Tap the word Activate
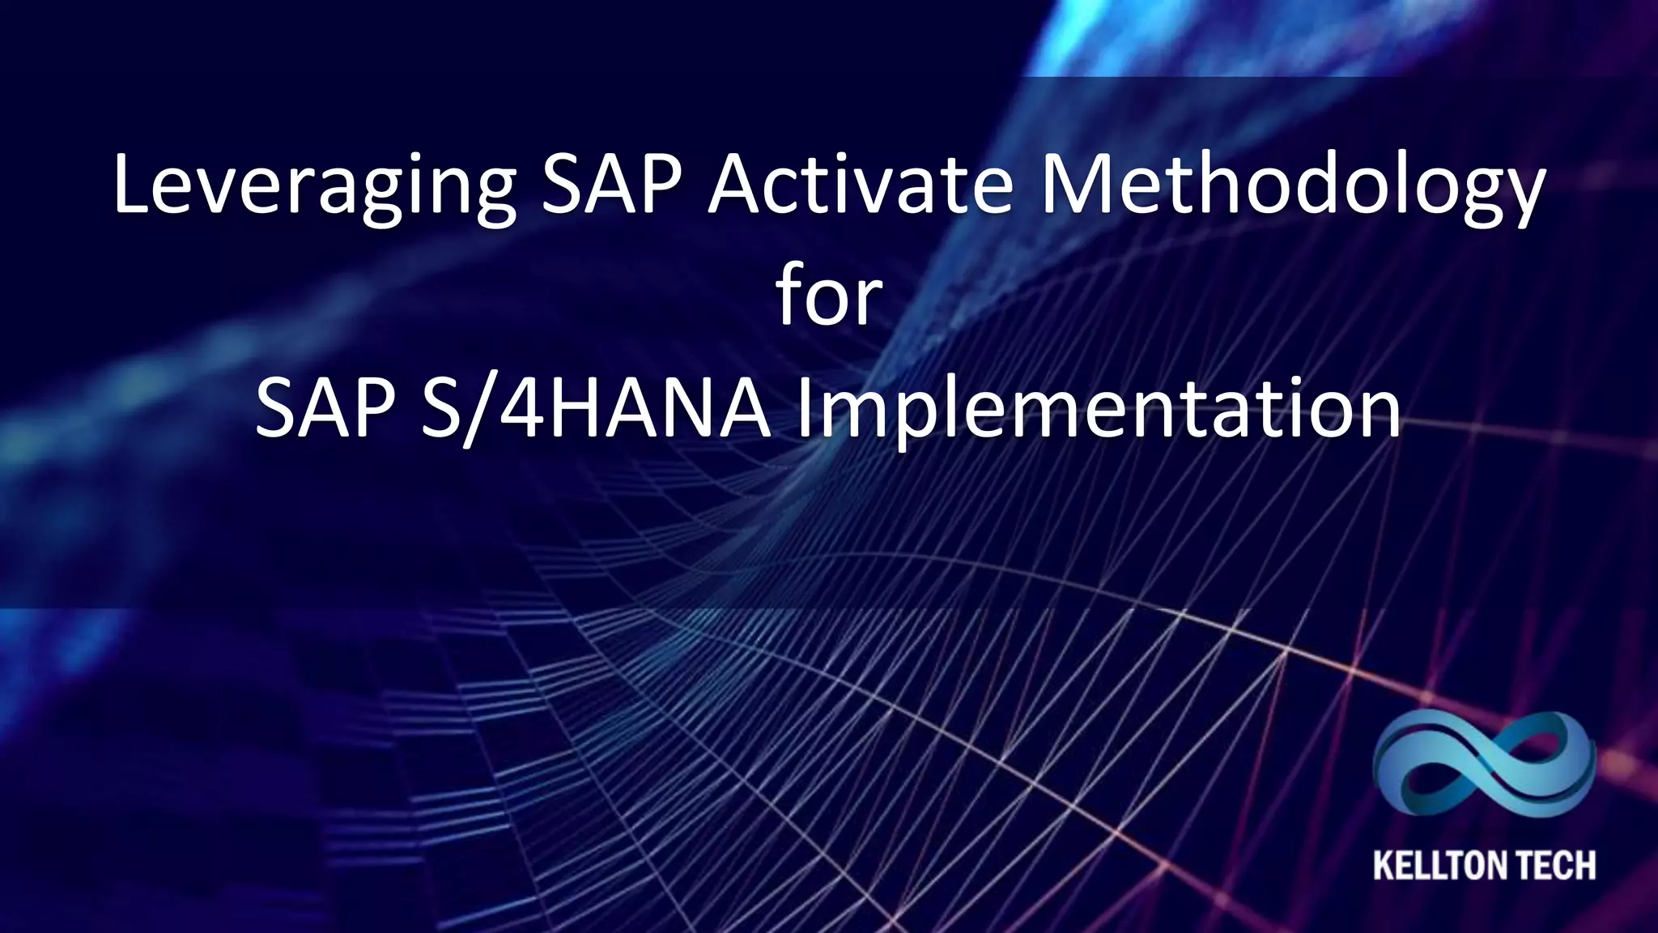tap(861, 186)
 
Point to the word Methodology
tap(1292, 188)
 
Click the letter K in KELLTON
tap(1384, 865)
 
